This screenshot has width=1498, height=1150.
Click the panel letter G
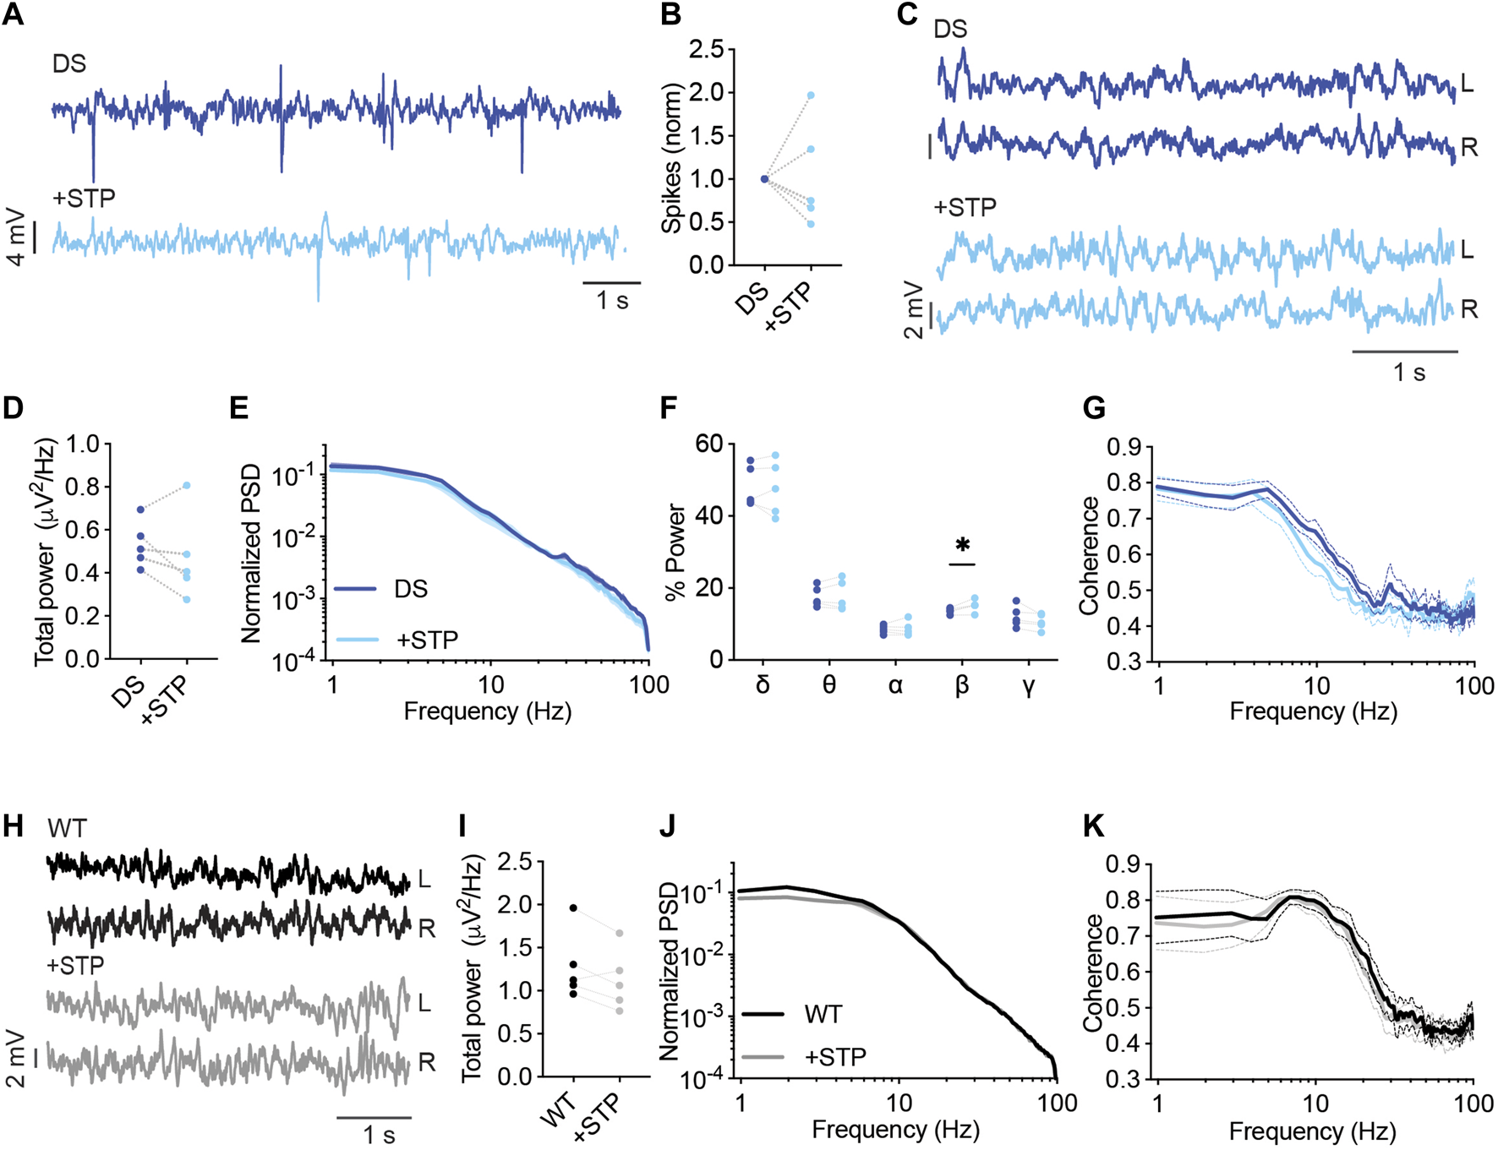[1094, 408]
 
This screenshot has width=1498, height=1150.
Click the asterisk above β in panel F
[961, 545]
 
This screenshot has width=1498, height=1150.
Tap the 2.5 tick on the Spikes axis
[706, 50]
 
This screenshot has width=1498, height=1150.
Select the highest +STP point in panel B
[811, 95]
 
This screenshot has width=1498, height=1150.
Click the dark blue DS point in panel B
[764, 178]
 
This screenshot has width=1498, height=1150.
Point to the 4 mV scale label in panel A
[16, 237]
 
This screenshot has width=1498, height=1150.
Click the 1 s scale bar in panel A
[612, 283]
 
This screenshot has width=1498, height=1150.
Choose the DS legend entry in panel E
[411, 589]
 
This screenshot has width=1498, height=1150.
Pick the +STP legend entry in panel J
[835, 1055]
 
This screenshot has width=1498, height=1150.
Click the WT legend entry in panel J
[823, 1013]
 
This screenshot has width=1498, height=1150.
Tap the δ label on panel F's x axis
[763, 685]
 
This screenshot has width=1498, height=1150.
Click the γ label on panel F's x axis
[1028, 685]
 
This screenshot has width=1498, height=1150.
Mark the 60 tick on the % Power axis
[711, 444]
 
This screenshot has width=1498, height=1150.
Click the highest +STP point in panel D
[187, 485]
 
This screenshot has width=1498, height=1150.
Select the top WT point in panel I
[573, 907]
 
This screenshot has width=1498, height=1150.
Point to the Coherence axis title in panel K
[1093, 972]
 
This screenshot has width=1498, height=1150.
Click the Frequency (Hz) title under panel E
[487, 711]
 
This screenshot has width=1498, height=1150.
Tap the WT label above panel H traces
[67, 828]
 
